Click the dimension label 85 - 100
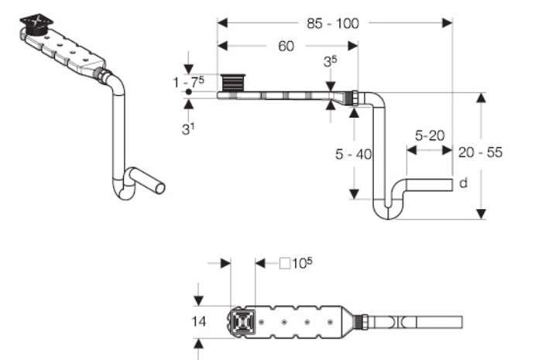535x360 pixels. [x=333, y=23]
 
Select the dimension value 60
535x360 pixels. [x=286, y=46]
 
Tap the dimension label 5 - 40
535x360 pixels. [x=353, y=154]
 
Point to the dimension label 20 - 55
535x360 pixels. [x=480, y=153]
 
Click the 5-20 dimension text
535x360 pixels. [x=430, y=135]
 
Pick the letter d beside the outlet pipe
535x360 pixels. [x=463, y=183]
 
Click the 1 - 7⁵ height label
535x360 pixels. [x=189, y=82]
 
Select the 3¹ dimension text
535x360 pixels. [x=188, y=129]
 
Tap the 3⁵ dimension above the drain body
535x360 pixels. [x=330, y=61]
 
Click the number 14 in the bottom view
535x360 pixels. [x=198, y=321]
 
